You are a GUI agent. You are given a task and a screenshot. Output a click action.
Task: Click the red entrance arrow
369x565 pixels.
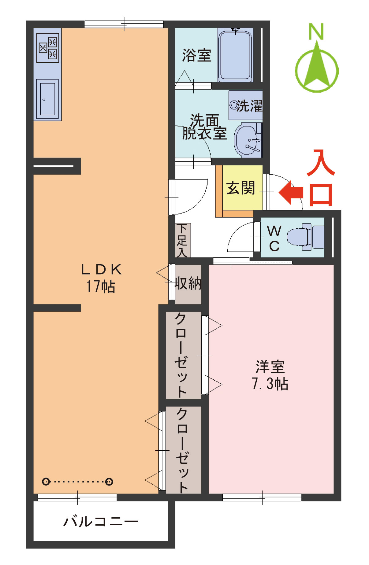click(x=291, y=192)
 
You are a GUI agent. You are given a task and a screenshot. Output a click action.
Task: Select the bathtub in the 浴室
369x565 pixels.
click(x=235, y=56)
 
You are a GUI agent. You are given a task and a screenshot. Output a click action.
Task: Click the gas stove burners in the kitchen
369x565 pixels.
click(x=48, y=48)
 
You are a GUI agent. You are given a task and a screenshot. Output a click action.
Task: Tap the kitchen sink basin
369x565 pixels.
click(x=47, y=99)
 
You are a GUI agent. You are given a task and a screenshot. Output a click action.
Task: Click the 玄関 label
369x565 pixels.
click(x=240, y=188)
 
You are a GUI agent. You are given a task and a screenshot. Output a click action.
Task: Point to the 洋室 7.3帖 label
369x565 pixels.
click(x=270, y=375)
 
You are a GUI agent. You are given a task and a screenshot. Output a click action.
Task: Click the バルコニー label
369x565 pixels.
click(x=101, y=522)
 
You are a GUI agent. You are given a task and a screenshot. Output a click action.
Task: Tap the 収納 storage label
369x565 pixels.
click(x=188, y=283)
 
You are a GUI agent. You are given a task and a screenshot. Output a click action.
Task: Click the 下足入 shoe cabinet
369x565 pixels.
click(x=183, y=240)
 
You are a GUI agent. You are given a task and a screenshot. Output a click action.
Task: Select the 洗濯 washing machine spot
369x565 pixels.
click(x=246, y=101)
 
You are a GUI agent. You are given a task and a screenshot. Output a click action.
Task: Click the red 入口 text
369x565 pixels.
click(x=321, y=178)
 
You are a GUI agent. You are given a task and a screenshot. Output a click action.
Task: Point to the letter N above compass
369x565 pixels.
click(x=316, y=32)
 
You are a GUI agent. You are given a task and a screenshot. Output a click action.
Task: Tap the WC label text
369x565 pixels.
click(x=274, y=238)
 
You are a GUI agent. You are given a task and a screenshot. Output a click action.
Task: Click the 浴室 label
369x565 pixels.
click(x=197, y=55)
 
